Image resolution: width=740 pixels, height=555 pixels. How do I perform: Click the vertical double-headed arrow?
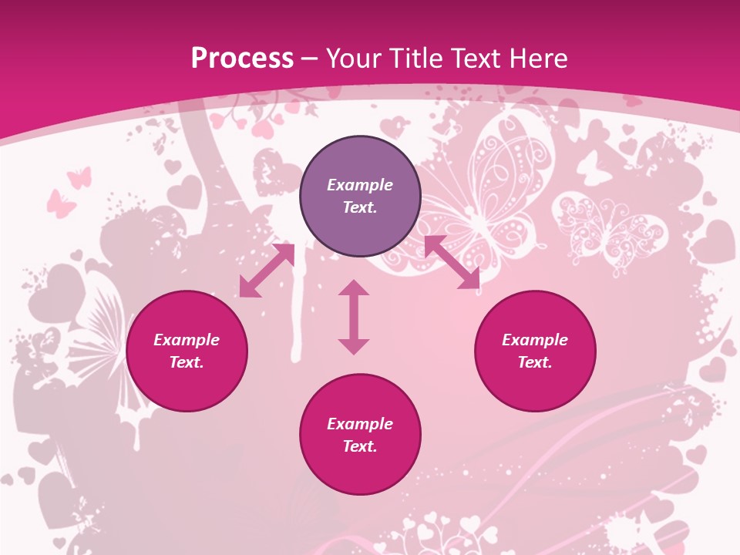(354, 317)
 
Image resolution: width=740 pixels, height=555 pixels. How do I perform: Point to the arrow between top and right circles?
(452, 262)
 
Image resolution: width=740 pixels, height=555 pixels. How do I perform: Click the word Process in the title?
(242, 59)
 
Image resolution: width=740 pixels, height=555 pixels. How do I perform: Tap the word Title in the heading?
(416, 59)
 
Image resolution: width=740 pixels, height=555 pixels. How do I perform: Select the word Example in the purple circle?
(360, 185)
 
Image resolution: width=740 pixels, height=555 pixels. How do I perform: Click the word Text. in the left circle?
(187, 362)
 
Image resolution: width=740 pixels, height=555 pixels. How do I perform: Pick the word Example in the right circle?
(535, 340)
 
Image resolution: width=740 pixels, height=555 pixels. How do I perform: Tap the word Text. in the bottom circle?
(360, 446)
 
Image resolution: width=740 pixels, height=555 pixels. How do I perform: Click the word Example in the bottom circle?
(360, 424)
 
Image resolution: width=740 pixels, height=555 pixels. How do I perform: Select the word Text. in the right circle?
(535, 362)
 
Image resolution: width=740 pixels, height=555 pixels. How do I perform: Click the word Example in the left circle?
(187, 340)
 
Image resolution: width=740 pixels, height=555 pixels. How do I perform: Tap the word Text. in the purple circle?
(360, 207)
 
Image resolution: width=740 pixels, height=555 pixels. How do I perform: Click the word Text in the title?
(476, 59)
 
